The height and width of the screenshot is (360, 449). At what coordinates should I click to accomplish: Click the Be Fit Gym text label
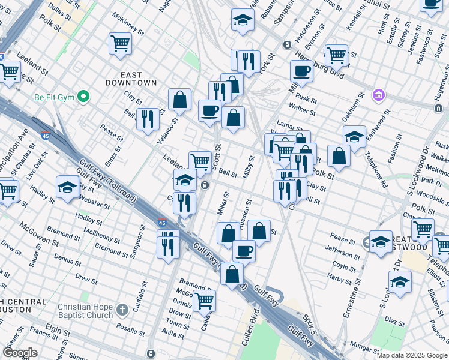coord(53,96)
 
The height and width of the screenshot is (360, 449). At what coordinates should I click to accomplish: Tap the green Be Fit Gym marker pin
coord(84,96)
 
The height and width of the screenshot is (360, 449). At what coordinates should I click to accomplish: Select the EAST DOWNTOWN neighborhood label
coord(131,79)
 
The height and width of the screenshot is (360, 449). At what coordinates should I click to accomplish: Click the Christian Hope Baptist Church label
coord(85,311)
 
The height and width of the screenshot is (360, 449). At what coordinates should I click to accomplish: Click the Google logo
coord(20,352)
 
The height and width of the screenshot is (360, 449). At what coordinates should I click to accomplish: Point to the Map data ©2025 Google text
coord(412,355)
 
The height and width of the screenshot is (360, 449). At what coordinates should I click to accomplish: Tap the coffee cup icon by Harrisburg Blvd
coord(301,71)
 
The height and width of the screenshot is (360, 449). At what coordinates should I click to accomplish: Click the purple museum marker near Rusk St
coord(378,95)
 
